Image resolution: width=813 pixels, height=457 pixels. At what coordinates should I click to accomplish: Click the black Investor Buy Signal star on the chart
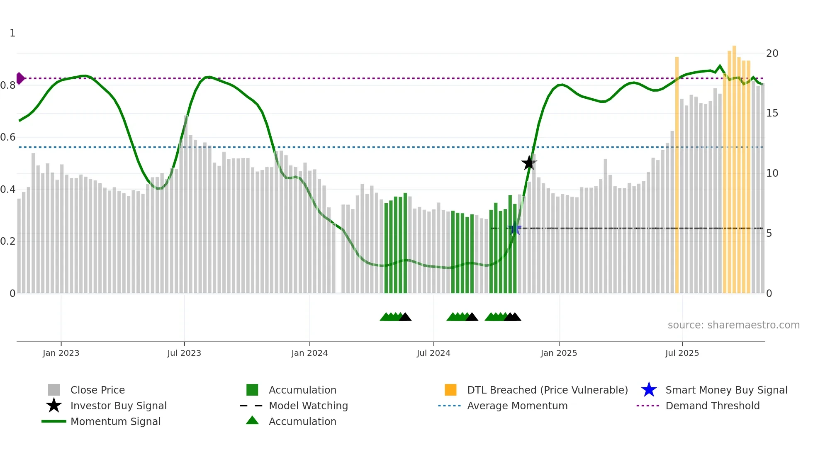tap(529, 163)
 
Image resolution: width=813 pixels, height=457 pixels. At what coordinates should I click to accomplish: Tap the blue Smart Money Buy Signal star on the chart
tap(515, 228)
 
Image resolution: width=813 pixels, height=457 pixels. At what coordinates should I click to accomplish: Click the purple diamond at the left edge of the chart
tap(20, 78)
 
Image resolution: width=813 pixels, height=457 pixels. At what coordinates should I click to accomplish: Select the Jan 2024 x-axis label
tap(309, 353)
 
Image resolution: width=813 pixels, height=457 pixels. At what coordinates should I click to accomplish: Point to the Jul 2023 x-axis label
tap(184, 353)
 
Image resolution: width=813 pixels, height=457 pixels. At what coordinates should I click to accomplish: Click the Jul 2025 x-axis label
tap(682, 353)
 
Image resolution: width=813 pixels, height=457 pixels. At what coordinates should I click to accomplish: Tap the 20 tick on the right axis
tap(772, 53)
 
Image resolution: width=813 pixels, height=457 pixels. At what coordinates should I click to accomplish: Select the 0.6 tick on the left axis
tap(8, 137)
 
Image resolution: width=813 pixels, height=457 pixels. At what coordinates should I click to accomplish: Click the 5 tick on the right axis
tap(769, 233)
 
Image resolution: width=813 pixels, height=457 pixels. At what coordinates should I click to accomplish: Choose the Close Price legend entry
tap(97, 390)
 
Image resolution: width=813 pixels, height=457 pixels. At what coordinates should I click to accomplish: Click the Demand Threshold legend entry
tap(712, 406)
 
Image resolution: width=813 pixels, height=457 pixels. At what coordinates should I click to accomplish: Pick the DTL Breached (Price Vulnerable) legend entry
tap(547, 390)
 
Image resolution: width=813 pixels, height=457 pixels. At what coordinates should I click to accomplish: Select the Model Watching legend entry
tap(308, 406)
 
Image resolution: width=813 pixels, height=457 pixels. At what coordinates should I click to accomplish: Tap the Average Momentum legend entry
tap(517, 406)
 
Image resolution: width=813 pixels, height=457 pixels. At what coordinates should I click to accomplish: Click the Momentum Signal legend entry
tap(115, 421)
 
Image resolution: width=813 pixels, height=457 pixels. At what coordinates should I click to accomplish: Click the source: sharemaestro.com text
tap(733, 325)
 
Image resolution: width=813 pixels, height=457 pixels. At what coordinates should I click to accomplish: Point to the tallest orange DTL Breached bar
tap(734, 166)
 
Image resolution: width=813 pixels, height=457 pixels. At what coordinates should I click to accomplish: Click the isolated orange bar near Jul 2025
tap(677, 174)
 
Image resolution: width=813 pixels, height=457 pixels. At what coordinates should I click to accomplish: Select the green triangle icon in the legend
tap(252, 421)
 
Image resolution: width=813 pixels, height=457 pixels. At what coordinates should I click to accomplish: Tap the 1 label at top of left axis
tap(12, 33)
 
